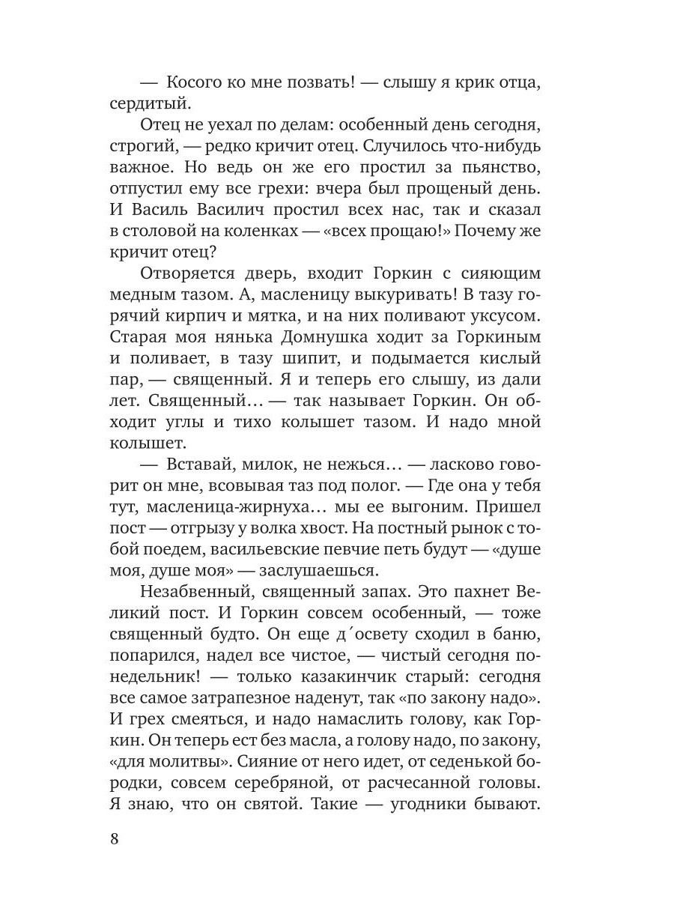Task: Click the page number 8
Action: click(x=114, y=838)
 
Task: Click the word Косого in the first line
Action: click(x=197, y=84)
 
